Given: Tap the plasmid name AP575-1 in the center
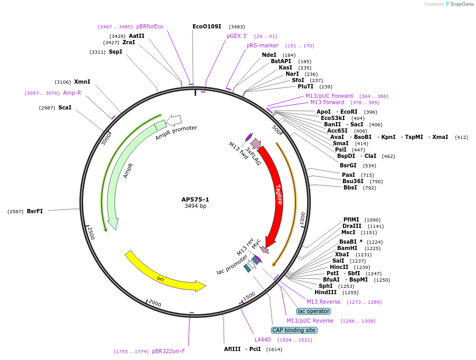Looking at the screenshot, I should (195, 199).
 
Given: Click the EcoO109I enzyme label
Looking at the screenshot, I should (207, 26).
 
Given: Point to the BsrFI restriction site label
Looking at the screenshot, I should (35, 211).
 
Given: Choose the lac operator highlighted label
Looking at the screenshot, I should (313, 311).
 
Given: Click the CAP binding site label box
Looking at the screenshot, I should (294, 330).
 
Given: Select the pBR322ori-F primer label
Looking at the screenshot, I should (168, 351).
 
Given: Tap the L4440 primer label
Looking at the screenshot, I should (262, 339).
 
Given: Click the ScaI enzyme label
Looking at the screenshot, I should (65, 107).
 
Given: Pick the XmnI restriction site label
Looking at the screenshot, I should (82, 82).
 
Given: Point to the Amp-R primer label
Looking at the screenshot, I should (72, 93).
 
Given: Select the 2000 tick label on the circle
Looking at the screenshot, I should (155, 303).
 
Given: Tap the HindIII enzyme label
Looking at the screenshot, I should (326, 292).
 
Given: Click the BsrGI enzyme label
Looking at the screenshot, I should (348, 165).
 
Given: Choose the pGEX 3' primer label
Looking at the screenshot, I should (237, 36).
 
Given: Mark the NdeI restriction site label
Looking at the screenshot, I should (269, 55).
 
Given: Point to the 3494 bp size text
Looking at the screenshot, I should (195, 206).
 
